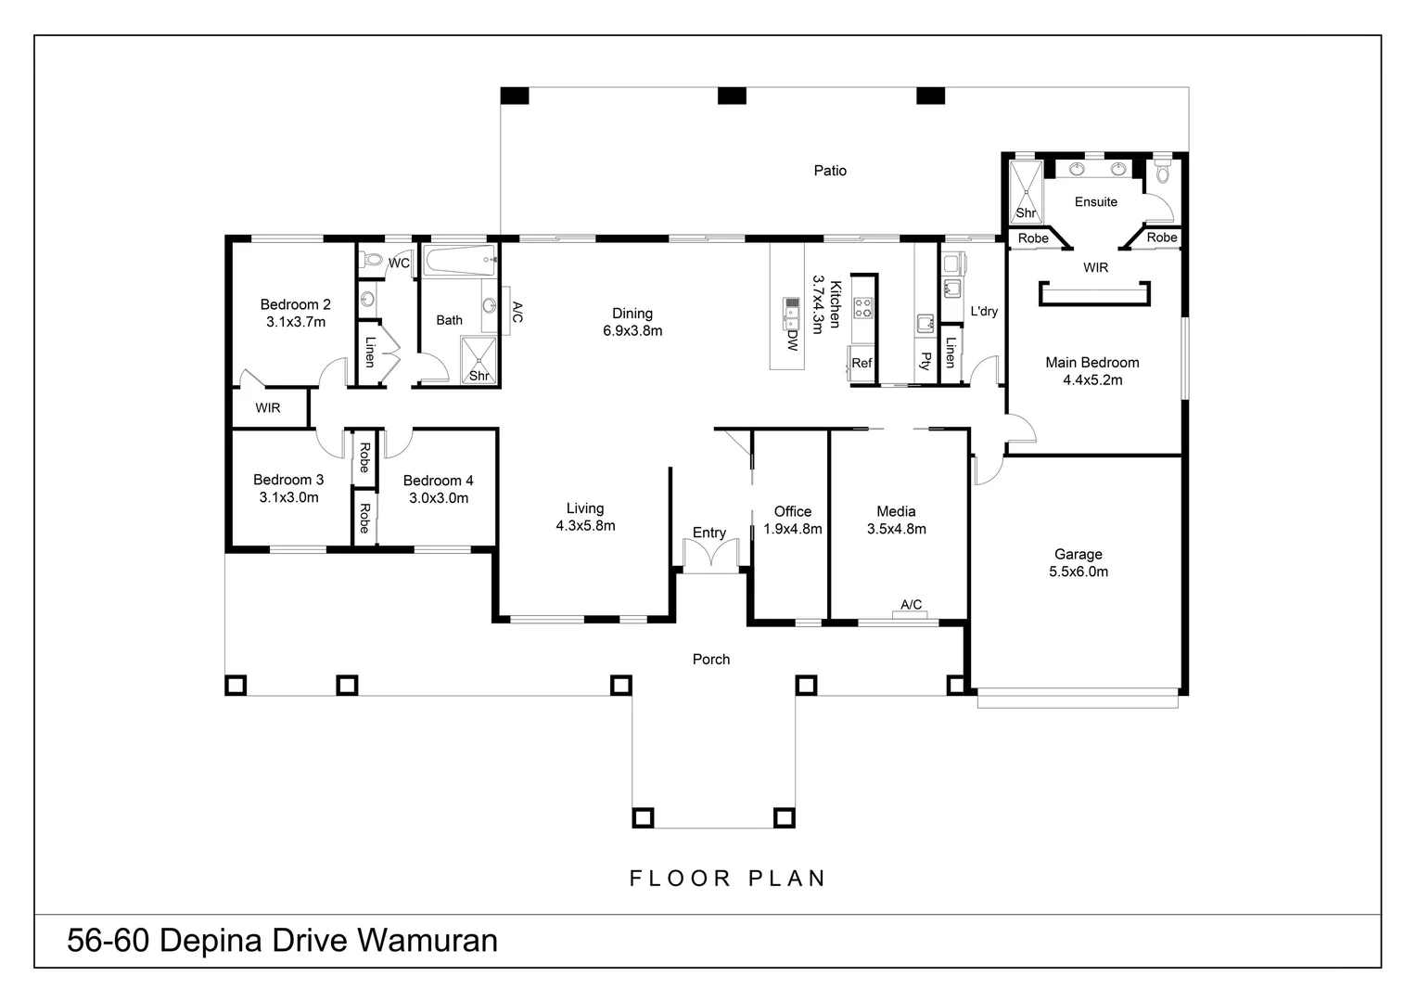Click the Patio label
point(830,171)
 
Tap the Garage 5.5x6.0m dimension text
point(1079,572)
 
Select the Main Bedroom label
point(1091,363)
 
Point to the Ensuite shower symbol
point(1025,190)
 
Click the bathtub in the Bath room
point(459,261)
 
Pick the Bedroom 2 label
point(295,304)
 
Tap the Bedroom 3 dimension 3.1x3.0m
point(288,497)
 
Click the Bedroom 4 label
point(438,481)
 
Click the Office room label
point(792,511)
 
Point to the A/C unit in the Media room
point(911,612)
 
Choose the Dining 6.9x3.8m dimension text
point(632,331)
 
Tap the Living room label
point(585,508)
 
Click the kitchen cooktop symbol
point(863,307)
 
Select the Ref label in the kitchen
point(862,363)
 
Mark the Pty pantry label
point(925,361)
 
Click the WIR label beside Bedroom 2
point(268,408)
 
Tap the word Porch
point(711,660)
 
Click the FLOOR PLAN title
point(728,878)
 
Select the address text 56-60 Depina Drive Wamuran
point(282,941)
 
